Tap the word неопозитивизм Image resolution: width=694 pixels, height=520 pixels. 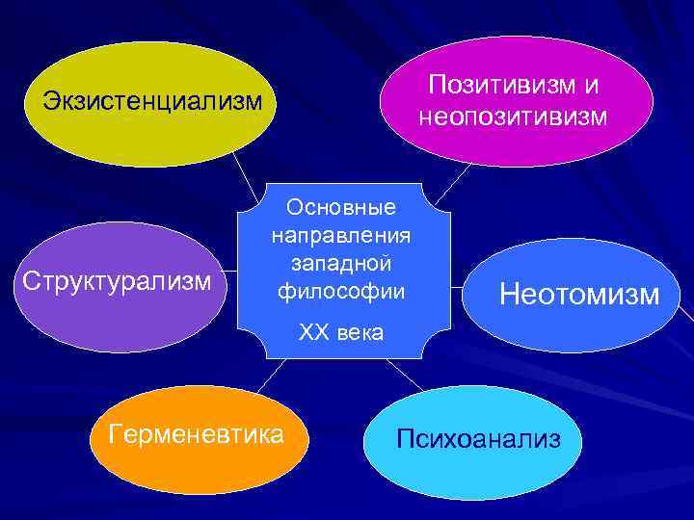[512, 117]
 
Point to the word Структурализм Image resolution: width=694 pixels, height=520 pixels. [117, 283]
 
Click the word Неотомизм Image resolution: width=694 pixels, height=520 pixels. [579, 294]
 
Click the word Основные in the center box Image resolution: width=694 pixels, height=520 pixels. [342, 207]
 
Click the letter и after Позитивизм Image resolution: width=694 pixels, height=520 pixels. [589, 85]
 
